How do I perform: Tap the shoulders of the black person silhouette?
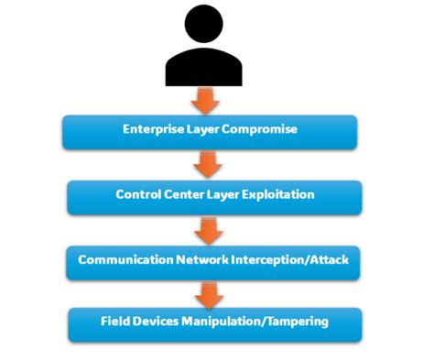[x=207, y=69]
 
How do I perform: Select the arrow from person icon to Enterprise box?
[x=207, y=98]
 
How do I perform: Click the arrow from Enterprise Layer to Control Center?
[x=210, y=165]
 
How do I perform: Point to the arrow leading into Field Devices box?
[x=210, y=293]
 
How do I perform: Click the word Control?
[x=138, y=195]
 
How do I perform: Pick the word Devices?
[x=159, y=322]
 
